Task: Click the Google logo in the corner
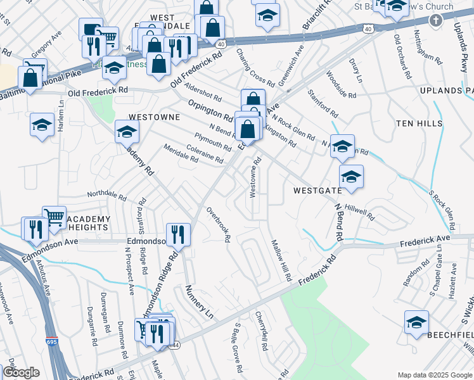pyautogui.click(x=21, y=372)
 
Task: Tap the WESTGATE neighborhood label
pyautogui.click(x=317, y=189)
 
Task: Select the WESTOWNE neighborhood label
pyautogui.click(x=154, y=117)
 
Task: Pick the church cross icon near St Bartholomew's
pyautogui.click(x=435, y=21)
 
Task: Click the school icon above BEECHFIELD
pyautogui.click(x=416, y=322)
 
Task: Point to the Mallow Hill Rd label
pyautogui.click(x=280, y=260)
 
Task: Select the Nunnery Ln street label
pyautogui.click(x=197, y=301)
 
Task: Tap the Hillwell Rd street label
pyautogui.click(x=361, y=212)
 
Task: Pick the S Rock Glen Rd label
pyautogui.click(x=442, y=210)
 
